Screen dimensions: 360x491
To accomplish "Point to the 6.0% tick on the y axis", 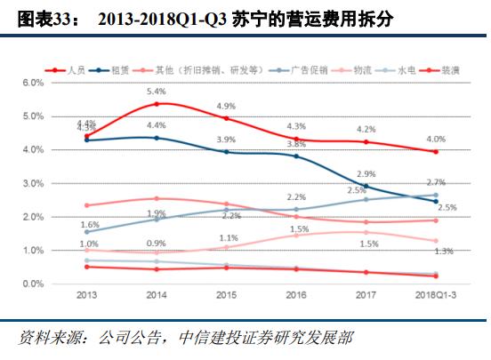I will [x=32, y=83].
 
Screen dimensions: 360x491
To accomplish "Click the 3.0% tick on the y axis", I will [x=32, y=183].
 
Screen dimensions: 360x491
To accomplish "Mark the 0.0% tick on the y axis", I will [x=32, y=284].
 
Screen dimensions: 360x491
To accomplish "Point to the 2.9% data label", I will [x=366, y=174].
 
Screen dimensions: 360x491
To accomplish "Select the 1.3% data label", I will [x=443, y=252].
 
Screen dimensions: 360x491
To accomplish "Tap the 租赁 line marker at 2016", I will [x=296, y=156].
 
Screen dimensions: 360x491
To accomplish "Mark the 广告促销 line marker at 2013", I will [x=86, y=231].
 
